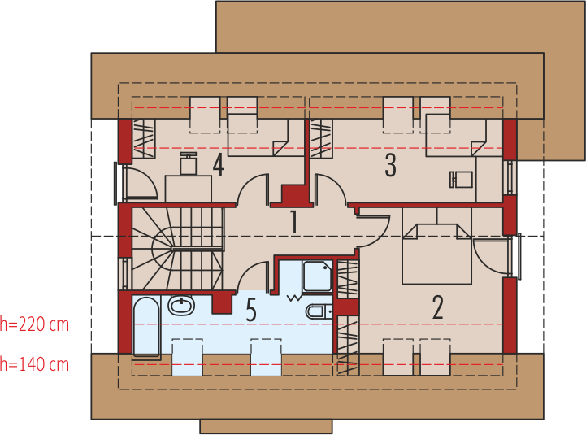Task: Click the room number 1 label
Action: click(x=294, y=221)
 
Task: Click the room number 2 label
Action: click(x=437, y=307)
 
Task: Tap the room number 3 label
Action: click(x=391, y=166)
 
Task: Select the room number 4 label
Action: click(x=218, y=165)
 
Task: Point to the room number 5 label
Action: click(x=250, y=310)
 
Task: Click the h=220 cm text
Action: click(x=34, y=325)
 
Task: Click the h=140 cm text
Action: click(x=34, y=364)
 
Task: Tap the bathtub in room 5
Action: click(x=146, y=327)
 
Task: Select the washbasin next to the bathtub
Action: click(x=181, y=306)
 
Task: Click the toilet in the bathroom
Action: click(x=318, y=311)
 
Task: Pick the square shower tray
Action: click(x=316, y=276)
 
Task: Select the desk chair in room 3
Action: click(x=461, y=178)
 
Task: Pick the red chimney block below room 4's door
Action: click(x=295, y=195)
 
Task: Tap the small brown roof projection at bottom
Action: click(x=266, y=426)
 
